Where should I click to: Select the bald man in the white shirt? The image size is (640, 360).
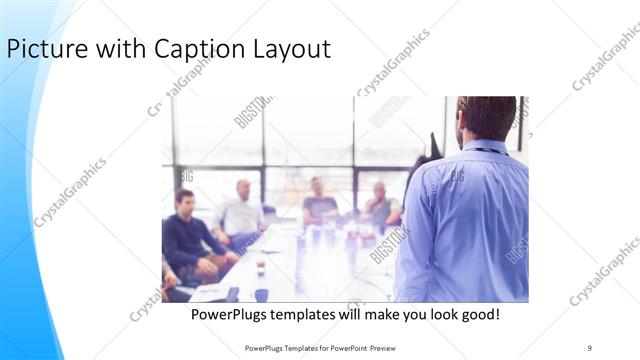point(241,212)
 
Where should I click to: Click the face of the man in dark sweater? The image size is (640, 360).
point(185,201)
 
